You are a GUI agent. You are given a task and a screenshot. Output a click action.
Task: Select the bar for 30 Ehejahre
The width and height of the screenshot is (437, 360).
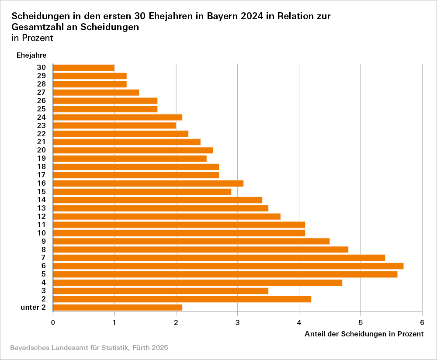tap(83, 67)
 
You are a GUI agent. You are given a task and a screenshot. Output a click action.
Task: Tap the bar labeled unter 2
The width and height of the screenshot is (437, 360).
tap(117, 308)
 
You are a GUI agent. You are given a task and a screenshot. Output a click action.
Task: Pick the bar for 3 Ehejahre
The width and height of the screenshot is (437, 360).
tap(160, 291)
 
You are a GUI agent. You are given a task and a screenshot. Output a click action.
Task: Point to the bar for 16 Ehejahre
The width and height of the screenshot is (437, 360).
tap(148, 183)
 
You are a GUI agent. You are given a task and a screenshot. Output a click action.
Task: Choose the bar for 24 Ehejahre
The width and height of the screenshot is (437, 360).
tap(117, 117)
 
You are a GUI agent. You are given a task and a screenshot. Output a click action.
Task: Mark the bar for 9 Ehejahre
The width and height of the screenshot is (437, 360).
tap(191, 241)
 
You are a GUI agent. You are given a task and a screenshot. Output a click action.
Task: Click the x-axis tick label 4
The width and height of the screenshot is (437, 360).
tap(299, 323)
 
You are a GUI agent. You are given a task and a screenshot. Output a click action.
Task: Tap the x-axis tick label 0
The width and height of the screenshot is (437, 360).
tap(53, 323)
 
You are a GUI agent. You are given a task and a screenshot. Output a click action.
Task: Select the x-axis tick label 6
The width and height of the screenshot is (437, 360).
tap(422, 323)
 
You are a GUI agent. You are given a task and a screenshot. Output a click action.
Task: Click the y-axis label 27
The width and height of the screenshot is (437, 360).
tap(42, 92)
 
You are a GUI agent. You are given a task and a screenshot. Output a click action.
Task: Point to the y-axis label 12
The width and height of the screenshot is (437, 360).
tap(42, 216)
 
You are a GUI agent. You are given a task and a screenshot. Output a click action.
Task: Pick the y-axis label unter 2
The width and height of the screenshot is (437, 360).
tap(33, 308)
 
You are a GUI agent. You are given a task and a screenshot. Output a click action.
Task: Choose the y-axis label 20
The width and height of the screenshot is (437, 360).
tap(42, 150)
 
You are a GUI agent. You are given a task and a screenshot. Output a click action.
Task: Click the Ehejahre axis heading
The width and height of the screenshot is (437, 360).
tap(31, 55)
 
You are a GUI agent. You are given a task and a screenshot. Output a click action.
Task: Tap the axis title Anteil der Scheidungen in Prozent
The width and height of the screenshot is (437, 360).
tap(364, 334)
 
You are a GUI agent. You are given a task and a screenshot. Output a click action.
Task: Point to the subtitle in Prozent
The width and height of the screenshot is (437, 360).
tap(32, 38)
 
